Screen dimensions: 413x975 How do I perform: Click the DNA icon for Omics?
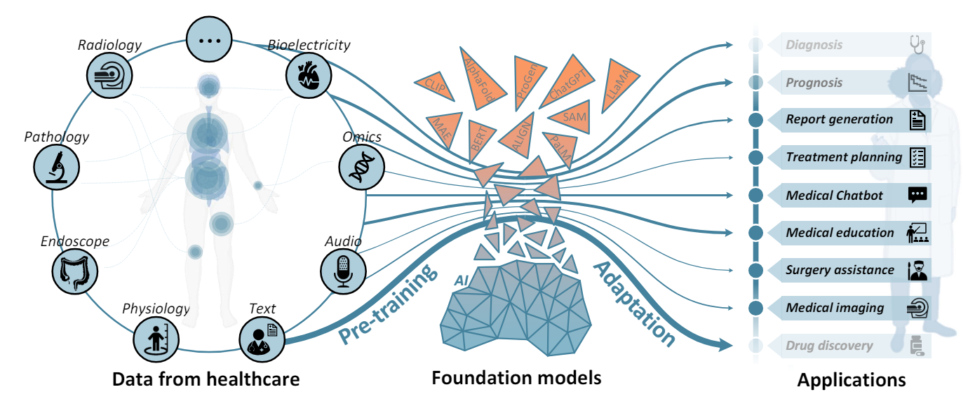click(360, 167)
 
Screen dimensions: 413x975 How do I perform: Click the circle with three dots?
click(209, 39)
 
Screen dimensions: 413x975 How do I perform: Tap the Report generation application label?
click(839, 119)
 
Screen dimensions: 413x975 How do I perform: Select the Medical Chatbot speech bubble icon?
click(917, 195)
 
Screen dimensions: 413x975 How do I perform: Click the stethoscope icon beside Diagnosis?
click(917, 44)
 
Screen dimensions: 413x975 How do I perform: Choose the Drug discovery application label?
click(829, 346)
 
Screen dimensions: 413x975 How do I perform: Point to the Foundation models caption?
click(516, 379)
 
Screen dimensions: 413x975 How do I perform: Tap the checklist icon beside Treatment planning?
click(917, 157)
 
